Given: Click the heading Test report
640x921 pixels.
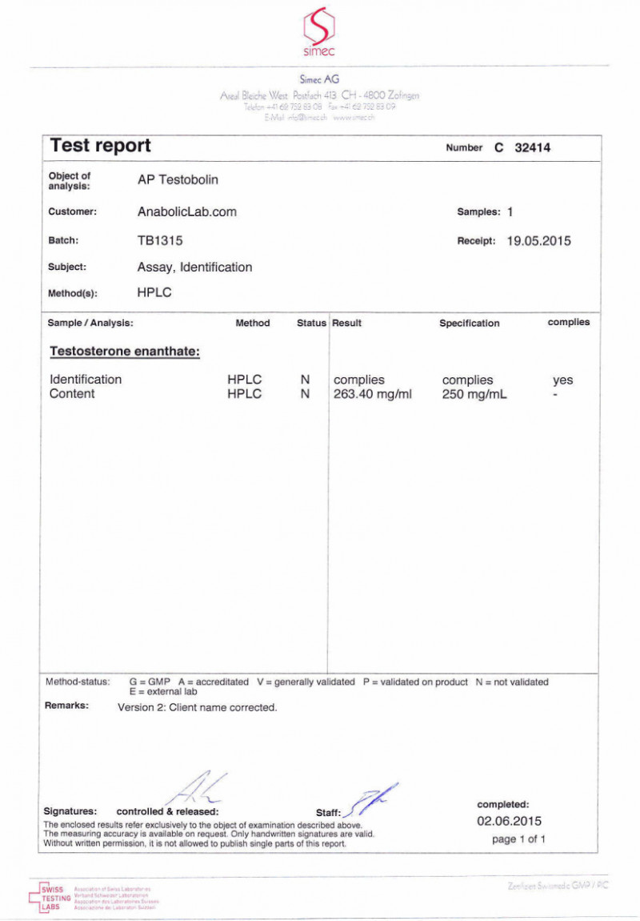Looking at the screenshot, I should pos(100,146).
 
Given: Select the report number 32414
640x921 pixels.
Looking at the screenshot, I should pos(532,148).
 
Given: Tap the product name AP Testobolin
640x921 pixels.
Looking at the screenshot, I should pos(178,180).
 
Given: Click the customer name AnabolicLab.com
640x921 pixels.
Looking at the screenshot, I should pos(187,212).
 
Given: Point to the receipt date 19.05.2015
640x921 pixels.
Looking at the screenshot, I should pos(538,240).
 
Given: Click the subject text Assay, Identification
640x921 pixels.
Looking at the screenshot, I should pos(194,267).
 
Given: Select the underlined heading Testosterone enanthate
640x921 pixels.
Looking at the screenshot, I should pos(124,352).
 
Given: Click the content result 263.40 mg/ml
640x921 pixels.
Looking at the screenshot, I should pos(373,394).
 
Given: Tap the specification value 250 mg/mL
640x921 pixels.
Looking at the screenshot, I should pos(474,394).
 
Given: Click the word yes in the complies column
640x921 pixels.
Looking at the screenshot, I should pos(562,380).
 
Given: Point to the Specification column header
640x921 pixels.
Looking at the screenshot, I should pos(469,324).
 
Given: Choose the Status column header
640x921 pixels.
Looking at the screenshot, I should pos(311,324).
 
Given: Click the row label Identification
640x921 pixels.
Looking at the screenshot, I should pos(86,380).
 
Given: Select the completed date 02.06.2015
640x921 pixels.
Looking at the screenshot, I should pos(510,821).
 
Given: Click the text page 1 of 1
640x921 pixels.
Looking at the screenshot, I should pos(518,839).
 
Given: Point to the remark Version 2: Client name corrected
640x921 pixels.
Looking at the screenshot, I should pos(197,708).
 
